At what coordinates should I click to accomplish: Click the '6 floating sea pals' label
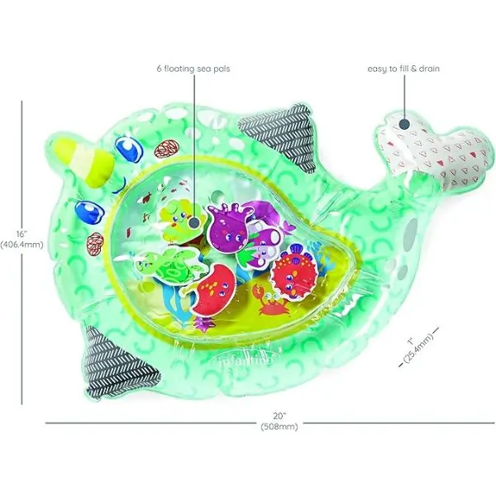(193, 69)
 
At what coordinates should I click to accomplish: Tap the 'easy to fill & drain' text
(403, 69)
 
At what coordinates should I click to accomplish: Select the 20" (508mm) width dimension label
(279, 421)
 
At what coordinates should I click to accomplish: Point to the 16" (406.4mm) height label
(21, 239)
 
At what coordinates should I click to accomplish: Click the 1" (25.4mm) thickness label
(418, 347)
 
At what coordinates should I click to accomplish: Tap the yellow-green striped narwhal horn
(83, 157)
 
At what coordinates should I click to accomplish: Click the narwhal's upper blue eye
(129, 148)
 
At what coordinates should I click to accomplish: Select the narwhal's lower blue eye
(89, 211)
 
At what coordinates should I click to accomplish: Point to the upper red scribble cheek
(166, 149)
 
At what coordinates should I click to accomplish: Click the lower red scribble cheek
(95, 244)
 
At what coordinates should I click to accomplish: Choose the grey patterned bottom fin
(118, 363)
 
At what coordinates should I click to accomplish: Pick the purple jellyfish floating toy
(229, 225)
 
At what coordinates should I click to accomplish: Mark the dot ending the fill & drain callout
(404, 124)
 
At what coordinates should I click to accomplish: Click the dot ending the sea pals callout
(194, 222)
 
